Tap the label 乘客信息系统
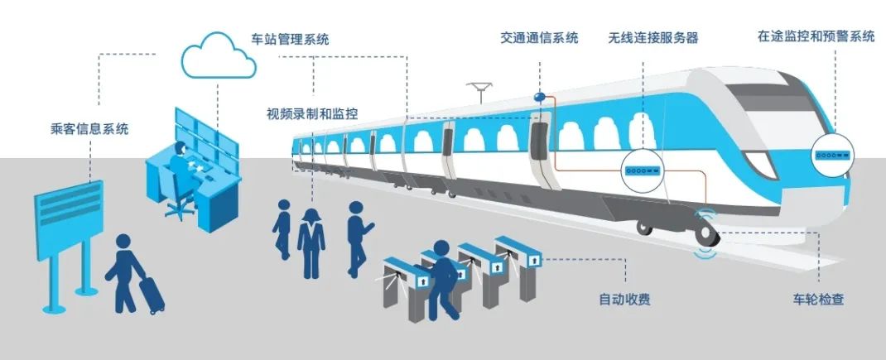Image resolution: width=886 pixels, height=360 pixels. [89, 129]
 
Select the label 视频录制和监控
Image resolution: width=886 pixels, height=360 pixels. [312, 113]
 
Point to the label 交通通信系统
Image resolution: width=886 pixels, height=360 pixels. [539, 38]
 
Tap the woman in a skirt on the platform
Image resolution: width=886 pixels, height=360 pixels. [311, 241]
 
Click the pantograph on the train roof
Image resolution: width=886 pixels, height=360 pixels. [479, 89]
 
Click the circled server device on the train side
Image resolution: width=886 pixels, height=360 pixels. [643, 170]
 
